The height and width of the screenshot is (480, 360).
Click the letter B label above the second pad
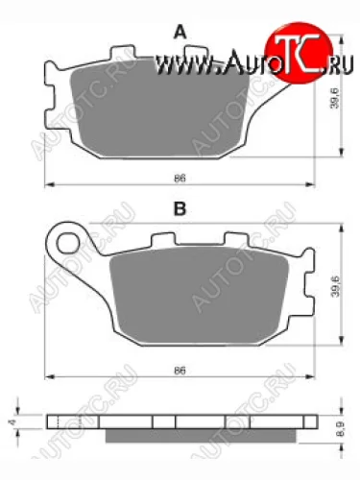179,207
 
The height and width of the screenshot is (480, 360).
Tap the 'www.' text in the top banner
173,65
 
